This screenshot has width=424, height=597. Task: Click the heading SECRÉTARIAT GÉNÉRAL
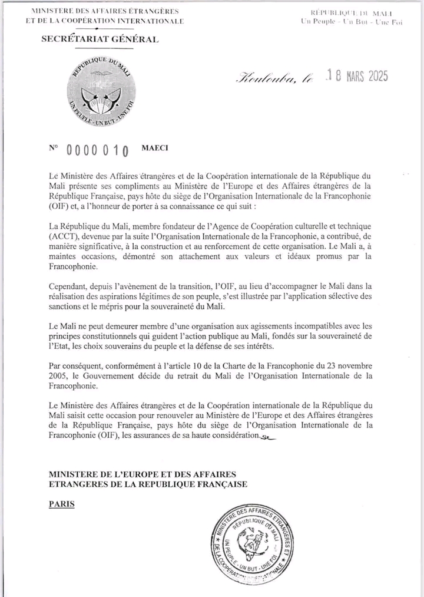point(99,39)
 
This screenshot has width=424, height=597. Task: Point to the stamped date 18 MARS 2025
point(350,78)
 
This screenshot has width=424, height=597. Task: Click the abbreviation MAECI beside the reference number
point(155,147)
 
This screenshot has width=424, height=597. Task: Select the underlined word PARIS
point(62,504)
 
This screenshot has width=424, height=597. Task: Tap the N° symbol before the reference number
point(54,148)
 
